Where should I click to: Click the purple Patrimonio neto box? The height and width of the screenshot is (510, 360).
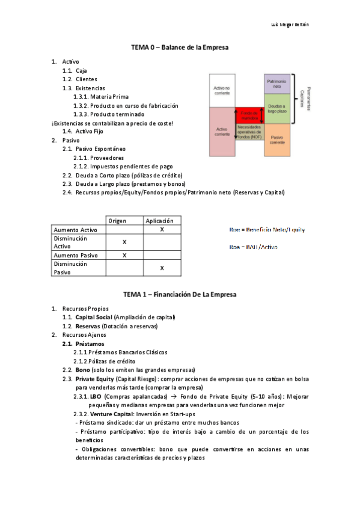[x=276, y=84]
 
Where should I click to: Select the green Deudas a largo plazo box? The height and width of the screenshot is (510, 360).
[x=276, y=108]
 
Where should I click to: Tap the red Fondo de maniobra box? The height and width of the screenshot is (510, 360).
[x=248, y=114]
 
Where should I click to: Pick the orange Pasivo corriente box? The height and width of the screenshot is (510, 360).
[x=276, y=140]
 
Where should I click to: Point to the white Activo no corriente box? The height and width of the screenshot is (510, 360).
[x=222, y=90]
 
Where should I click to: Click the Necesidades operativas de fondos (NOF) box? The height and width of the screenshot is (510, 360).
[x=248, y=132]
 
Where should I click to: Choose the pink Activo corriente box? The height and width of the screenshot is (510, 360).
[x=222, y=131]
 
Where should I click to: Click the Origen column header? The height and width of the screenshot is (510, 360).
[x=124, y=221]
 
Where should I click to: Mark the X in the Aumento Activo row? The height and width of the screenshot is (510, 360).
[x=162, y=230]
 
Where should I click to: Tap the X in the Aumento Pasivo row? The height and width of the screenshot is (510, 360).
[x=124, y=255]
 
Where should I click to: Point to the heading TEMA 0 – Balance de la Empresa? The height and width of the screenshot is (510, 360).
[x=180, y=47]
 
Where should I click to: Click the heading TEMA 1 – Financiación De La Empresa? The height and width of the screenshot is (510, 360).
[x=180, y=295]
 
